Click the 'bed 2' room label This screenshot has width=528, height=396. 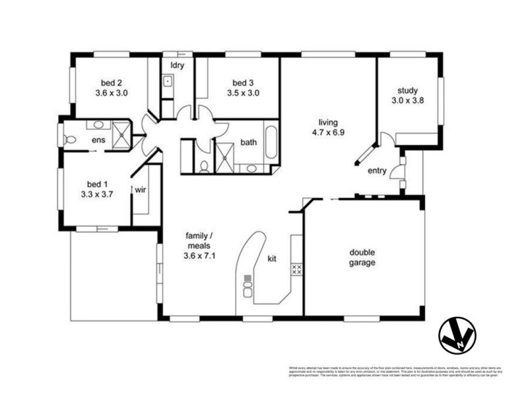pos(111,83)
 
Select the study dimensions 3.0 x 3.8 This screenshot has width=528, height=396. pos(409,102)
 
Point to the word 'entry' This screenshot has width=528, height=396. pos(377,171)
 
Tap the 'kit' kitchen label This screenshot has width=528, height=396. pos(272,258)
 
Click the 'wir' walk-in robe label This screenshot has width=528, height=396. pos(141,189)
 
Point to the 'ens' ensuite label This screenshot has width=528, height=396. pos(98,140)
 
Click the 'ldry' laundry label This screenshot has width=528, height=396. pos(177,65)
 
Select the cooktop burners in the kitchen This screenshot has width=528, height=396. pos(296,269)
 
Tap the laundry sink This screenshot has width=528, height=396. pos(168,83)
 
